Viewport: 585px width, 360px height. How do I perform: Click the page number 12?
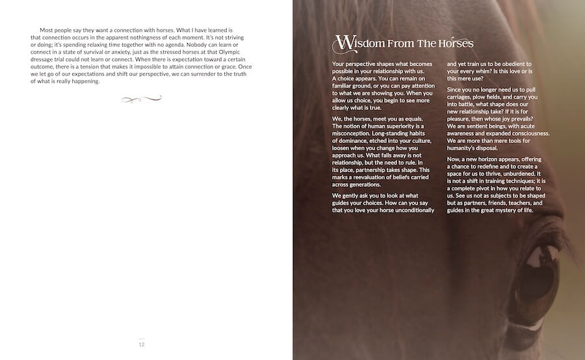tap(142, 344)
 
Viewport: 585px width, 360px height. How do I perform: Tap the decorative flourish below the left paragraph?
tap(141, 99)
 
